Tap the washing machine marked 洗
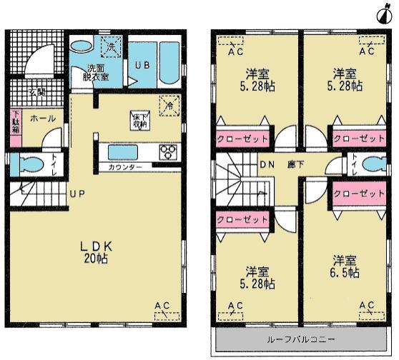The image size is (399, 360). pyautogui.click(x=112, y=45)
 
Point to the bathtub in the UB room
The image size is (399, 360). pyautogui.click(x=170, y=63)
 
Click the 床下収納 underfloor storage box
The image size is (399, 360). pyautogui.click(x=139, y=121)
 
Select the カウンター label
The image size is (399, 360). pyautogui.click(x=125, y=167)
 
